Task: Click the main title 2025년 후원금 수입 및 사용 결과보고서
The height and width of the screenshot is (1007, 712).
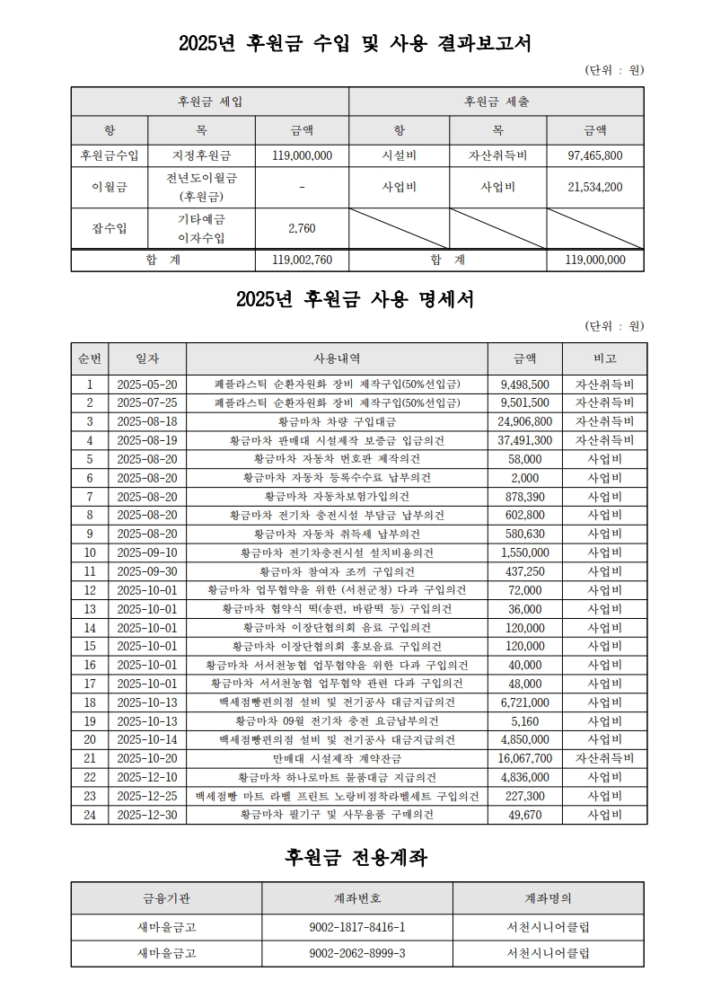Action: click(356, 43)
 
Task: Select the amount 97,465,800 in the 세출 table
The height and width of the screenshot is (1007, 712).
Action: click(595, 155)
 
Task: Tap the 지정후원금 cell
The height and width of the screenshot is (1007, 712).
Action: click(202, 155)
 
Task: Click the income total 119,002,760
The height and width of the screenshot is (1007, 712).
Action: click(302, 260)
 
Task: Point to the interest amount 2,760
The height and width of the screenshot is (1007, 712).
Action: click(302, 228)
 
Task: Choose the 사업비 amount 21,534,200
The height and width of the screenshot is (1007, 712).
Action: click(595, 187)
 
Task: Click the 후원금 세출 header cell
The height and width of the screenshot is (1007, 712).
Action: click(497, 102)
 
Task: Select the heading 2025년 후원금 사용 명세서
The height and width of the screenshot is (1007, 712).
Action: click(356, 299)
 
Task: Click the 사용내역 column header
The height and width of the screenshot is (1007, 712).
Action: click(337, 358)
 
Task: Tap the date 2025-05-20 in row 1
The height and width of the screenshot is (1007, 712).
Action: click(147, 384)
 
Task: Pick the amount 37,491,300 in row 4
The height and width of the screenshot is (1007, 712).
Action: click(525, 440)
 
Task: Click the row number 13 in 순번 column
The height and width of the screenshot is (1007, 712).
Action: click(90, 608)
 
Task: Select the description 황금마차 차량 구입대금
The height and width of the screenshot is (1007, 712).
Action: click(337, 421)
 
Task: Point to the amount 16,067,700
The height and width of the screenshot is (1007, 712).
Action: click(525, 758)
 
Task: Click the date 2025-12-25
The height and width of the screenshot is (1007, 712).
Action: click(147, 796)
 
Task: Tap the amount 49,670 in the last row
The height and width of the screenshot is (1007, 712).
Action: click(525, 815)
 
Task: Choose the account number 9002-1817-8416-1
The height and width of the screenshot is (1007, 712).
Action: click(356, 926)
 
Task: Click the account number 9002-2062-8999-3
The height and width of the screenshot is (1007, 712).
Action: click(356, 952)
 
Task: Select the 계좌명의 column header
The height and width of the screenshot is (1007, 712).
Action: click(548, 897)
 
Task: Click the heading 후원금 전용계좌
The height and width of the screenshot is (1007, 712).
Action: click(356, 858)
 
